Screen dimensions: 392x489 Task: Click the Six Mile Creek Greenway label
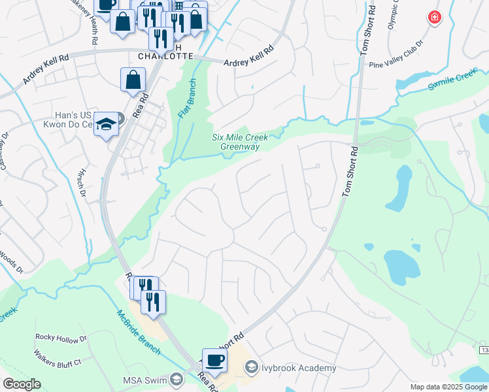click(x=236, y=142)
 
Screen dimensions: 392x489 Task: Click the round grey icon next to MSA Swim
click(x=176, y=380)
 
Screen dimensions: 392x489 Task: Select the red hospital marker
click(x=434, y=18)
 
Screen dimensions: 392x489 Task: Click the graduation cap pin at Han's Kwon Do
click(x=105, y=123)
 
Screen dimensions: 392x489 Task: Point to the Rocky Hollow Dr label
click(x=61, y=338)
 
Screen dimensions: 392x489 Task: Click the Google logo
click(x=22, y=384)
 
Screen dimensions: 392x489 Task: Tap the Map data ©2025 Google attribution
click(x=448, y=387)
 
